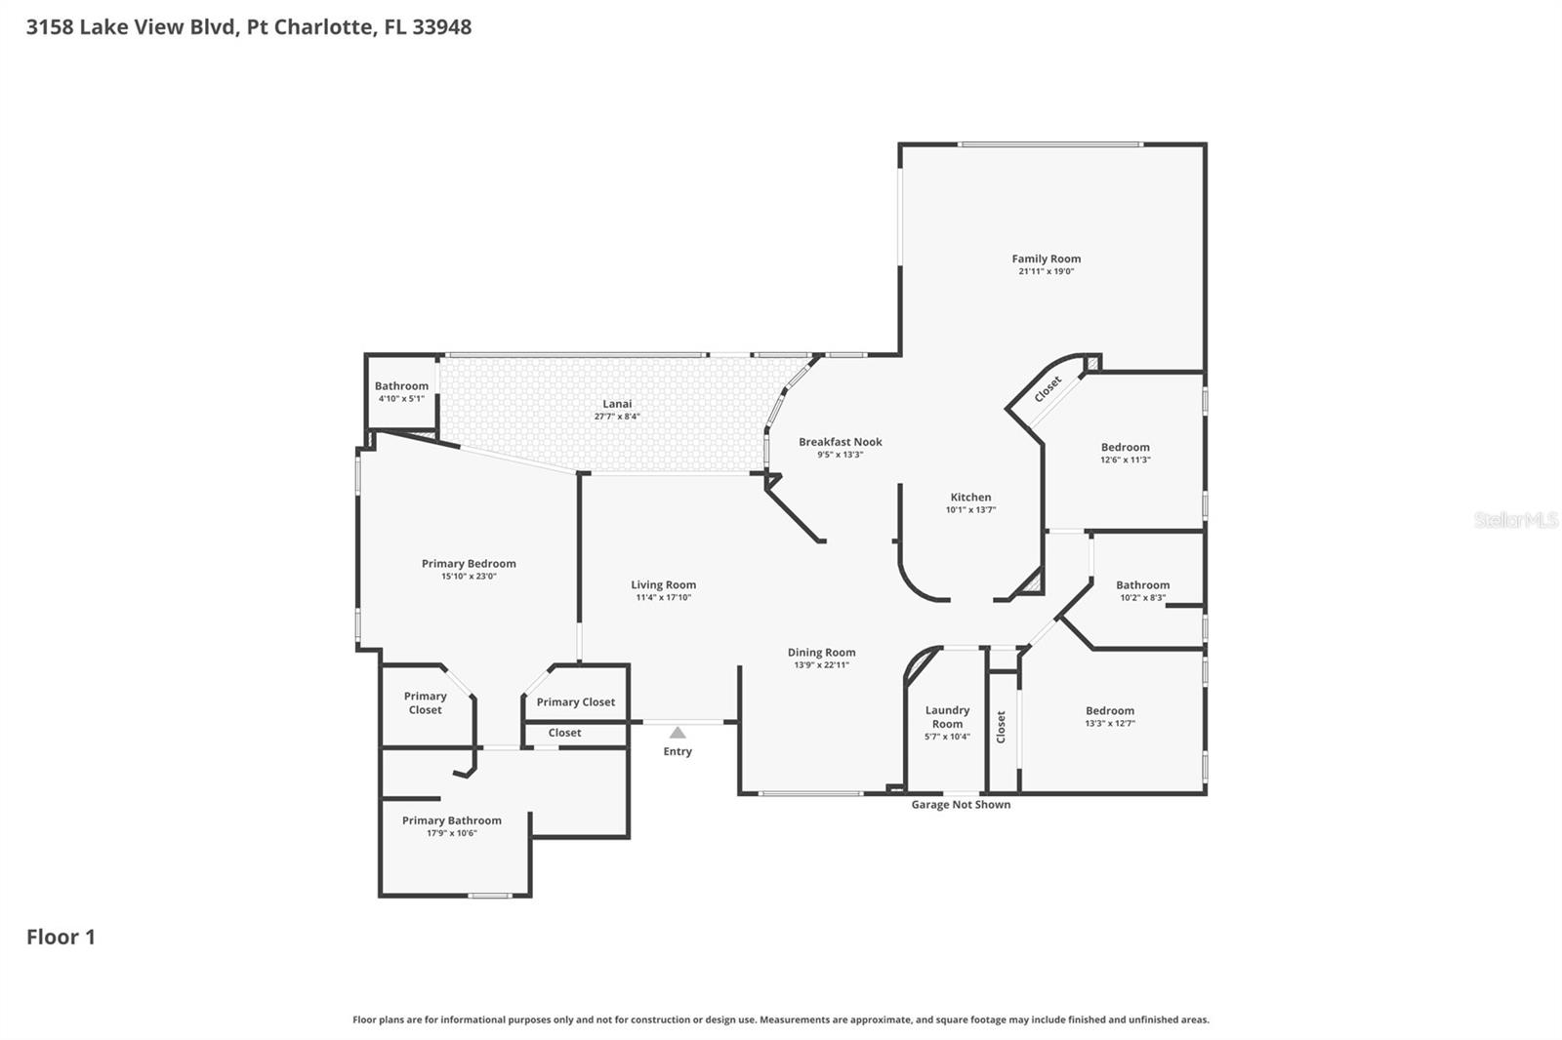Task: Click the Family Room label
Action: [x=1046, y=259]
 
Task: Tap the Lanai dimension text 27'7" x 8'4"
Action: [x=617, y=417]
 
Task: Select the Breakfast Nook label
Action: [x=840, y=442]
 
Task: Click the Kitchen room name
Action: [x=970, y=497]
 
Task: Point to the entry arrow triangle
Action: [x=678, y=733]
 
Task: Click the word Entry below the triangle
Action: [x=678, y=751]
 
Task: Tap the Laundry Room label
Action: [x=947, y=717]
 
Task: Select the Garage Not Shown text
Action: [x=961, y=805]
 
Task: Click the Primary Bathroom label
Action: [x=451, y=820]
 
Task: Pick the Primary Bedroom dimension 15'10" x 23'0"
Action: [x=469, y=577]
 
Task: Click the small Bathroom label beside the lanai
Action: [x=401, y=385]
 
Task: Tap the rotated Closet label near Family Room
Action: [x=1048, y=388]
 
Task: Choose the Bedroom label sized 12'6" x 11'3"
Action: [x=1125, y=447]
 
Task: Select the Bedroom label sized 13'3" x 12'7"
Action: [x=1109, y=710]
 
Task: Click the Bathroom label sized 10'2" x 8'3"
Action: [x=1142, y=584]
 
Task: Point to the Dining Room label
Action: [x=821, y=652]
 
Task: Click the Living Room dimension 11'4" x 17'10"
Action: [x=663, y=597]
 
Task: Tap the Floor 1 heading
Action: [x=61, y=937]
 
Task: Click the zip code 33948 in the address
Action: [x=441, y=26]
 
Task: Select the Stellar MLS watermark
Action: [x=1515, y=520]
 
